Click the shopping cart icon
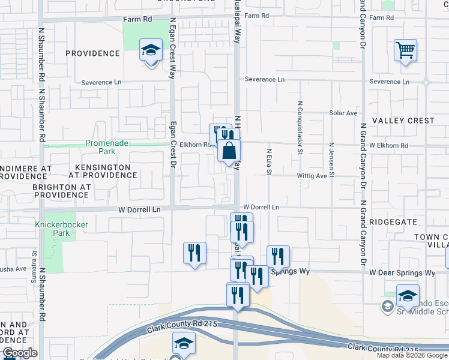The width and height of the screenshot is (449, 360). (406, 51)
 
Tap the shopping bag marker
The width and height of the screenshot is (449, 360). (229, 151)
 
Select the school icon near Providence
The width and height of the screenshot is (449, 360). (151, 51)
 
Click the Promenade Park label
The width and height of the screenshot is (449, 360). (107, 143)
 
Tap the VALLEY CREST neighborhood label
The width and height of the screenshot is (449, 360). (403, 121)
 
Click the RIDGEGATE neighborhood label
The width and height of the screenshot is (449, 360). (393, 221)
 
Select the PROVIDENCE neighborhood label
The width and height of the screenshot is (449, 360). (92, 53)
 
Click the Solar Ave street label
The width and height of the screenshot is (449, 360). (343, 113)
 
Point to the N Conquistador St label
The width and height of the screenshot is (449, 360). (299, 127)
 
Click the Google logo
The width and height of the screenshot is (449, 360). (19, 353)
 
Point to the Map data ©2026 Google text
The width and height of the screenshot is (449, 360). (411, 355)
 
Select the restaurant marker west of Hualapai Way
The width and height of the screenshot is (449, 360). (195, 253)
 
